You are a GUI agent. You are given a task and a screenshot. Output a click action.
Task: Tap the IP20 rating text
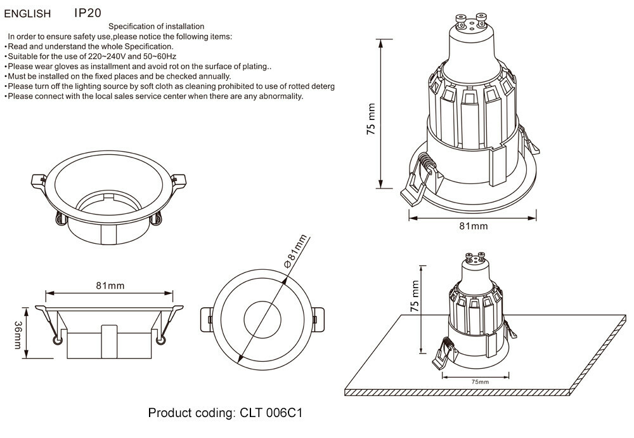point(87,13)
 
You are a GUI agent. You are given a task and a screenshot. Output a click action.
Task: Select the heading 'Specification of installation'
point(156,27)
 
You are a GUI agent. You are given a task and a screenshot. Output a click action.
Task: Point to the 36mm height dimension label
point(17,335)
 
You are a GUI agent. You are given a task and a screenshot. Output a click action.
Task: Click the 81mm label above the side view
point(110,286)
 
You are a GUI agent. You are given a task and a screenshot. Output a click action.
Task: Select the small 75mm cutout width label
point(480,382)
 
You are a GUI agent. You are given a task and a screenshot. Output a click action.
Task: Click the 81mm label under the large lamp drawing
point(473,226)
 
